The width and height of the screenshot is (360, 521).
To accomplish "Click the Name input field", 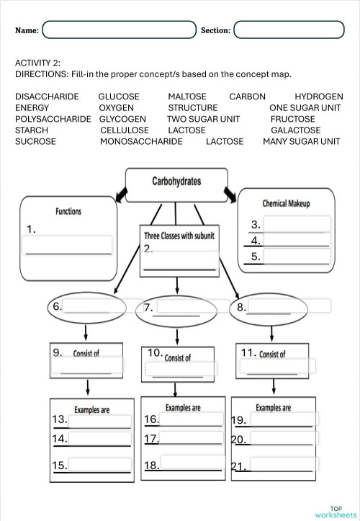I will point(120,30).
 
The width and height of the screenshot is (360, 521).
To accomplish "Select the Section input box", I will point(289,30).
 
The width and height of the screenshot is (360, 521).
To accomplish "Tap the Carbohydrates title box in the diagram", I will point(176,182).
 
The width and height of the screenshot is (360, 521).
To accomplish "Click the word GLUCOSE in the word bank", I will point(119,97).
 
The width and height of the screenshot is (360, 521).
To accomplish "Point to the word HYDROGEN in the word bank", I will point(318,97).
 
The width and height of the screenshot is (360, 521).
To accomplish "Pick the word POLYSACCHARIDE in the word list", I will point(53,119).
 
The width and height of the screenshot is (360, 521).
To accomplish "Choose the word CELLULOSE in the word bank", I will point(125,130).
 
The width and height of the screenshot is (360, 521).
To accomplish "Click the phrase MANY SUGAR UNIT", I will point(302,142).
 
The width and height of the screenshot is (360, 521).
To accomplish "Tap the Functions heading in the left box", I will point(68,211).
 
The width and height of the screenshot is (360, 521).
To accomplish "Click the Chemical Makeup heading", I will point(286,204).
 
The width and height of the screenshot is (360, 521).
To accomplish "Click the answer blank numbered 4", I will point(296,240).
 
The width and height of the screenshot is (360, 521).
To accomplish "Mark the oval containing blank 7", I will point(176,308).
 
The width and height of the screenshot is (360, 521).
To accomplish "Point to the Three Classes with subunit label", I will point(179,236).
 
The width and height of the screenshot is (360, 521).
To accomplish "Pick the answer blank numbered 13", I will point(100,420).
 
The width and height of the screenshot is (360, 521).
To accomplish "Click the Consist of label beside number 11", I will point(272,354).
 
